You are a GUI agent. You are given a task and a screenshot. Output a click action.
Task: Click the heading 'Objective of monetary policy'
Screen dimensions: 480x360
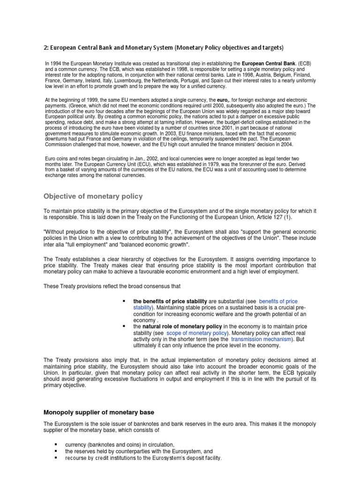[x=93, y=196]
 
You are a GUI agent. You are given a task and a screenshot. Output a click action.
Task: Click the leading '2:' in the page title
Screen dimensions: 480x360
[x=46, y=48]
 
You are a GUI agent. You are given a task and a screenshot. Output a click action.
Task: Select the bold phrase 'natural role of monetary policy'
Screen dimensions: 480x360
[x=182, y=326]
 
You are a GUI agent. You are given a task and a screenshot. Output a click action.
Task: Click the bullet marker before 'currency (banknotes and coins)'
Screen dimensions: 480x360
[x=56, y=443]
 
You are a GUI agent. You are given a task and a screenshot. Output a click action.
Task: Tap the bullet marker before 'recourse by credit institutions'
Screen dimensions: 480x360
[x=56, y=457]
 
